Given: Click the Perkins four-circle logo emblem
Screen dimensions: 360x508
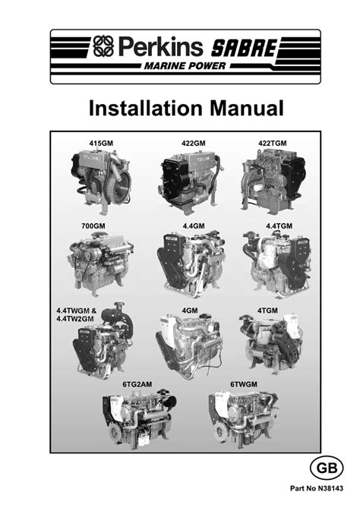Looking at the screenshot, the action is pyautogui.click(x=104, y=46).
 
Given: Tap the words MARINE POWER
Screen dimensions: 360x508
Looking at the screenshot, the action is pyautogui.click(x=185, y=66).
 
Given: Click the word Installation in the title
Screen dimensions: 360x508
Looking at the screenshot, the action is pyautogui.click(x=147, y=108).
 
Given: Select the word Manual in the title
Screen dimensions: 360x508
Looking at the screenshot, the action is pyautogui.click(x=247, y=108).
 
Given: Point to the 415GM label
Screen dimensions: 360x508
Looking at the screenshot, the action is pyautogui.click(x=101, y=144).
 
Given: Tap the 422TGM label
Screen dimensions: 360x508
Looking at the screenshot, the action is pyautogui.click(x=273, y=144).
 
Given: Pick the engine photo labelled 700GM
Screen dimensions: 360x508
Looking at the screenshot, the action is pyautogui.click(x=101, y=263).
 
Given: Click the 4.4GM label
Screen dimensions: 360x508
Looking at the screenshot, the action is pyautogui.click(x=194, y=226).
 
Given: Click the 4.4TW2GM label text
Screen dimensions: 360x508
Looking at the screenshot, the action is pyautogui.click(x=75, y=318).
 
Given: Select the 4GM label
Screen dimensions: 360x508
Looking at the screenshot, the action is pyautogui.click(x=190, y=311).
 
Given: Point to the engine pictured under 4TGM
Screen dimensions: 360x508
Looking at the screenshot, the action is pyautogui.click(x=271, y=342).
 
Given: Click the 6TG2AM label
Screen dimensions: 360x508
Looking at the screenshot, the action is pyautogui.click(x=137, y=384).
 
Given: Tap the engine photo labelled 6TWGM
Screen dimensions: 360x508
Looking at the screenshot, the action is pyautogui.click(x=243, y=418).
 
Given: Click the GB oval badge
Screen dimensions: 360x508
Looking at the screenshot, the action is pyautogui.click(x=327, y=468).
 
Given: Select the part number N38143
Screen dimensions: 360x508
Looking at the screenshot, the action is pyautogui.click(x=330, y=488).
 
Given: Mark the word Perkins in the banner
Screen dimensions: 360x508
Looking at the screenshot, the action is pyautogui.click(x=160, y=46).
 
